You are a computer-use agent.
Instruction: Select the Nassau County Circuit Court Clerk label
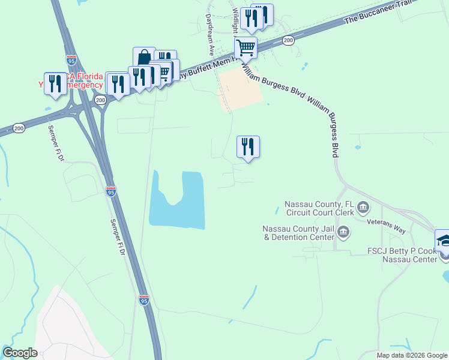(319, 208)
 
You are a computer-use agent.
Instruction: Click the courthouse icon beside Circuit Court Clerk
(363, 208)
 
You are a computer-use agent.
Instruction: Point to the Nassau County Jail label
(298, 232)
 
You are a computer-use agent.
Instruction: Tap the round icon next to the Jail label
(343, 232)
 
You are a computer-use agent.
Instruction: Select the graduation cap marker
(444, 240)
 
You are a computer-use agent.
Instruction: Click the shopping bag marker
(144, 58)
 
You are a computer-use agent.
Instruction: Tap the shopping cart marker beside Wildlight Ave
(246, 47)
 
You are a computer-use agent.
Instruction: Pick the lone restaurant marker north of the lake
(248, 146)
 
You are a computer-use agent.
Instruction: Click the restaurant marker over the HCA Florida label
(56, 83)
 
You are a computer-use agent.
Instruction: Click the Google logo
(20, 353)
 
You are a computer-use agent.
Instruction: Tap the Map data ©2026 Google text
(411, 355)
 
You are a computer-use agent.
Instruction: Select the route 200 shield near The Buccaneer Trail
(288, 40)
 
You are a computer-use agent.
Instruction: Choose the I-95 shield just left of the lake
(111, 191)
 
